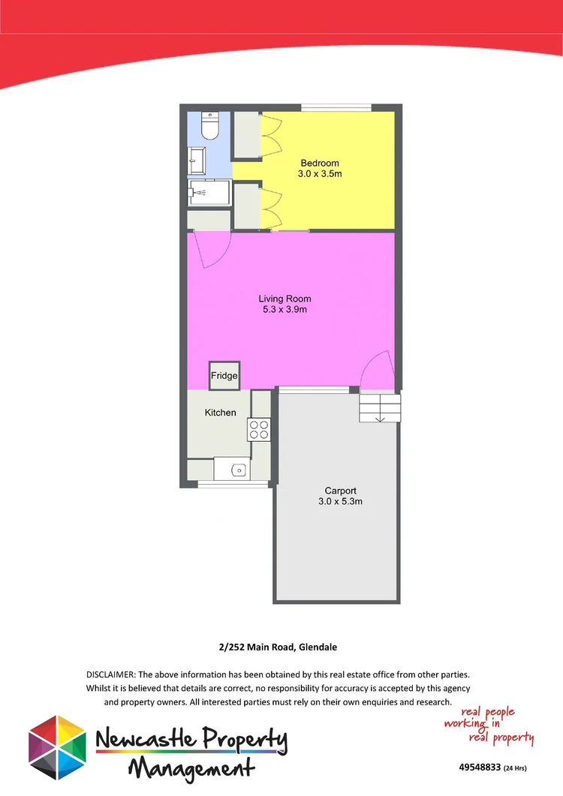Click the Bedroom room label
320,163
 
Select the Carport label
340,491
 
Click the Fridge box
224,376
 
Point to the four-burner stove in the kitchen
259,429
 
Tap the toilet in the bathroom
209,127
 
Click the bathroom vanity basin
197,160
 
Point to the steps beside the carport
380,408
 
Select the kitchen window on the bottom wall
233,485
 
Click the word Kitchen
221,413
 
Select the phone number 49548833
479,767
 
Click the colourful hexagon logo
57,747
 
